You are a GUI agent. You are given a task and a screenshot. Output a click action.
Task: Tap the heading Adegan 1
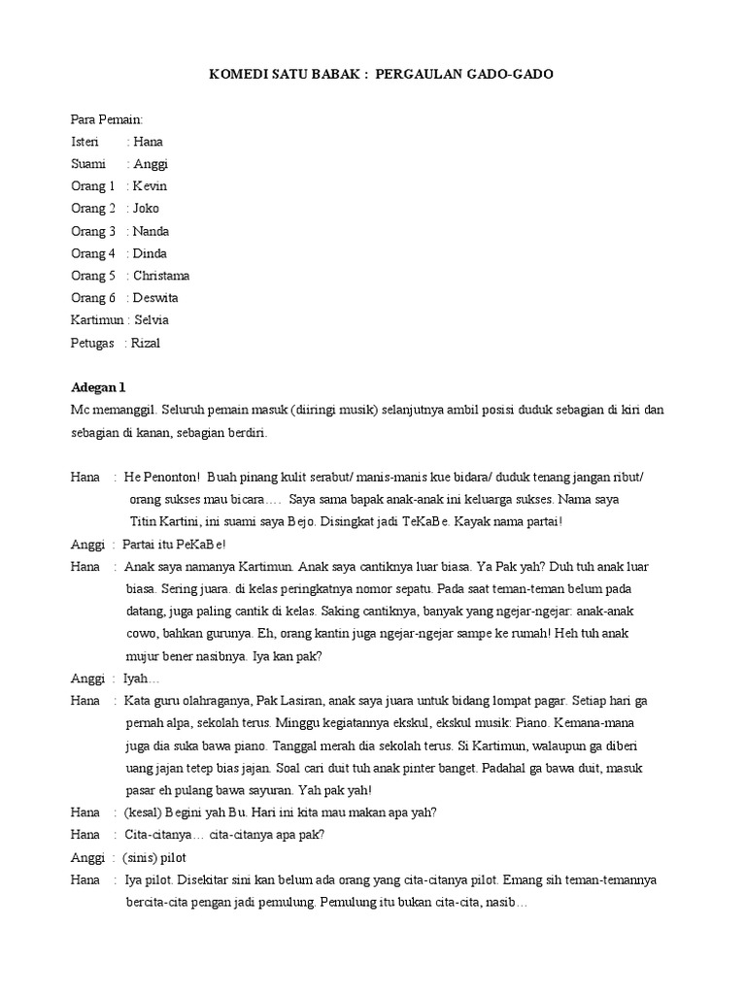(x=98, y=387)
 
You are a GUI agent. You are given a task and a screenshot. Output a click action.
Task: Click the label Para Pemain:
(x=107, y=119)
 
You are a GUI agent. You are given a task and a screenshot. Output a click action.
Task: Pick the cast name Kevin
(x=151, y=186)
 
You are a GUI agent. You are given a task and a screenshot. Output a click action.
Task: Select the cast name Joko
(x=147, y=209)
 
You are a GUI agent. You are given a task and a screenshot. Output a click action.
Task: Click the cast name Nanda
(x=152, y=231)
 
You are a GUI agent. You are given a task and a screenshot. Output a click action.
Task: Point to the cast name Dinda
(x=151, y=253)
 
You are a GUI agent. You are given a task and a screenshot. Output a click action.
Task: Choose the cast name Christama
(x=162, y=276)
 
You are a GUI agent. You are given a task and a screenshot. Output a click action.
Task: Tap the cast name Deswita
(x=156, y=298)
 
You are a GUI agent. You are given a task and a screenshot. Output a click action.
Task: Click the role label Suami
(x=88, y=164)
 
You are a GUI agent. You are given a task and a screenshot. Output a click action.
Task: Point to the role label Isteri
(x=85, y=142)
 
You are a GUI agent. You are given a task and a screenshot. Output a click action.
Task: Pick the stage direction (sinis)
(x=141, y=857)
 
